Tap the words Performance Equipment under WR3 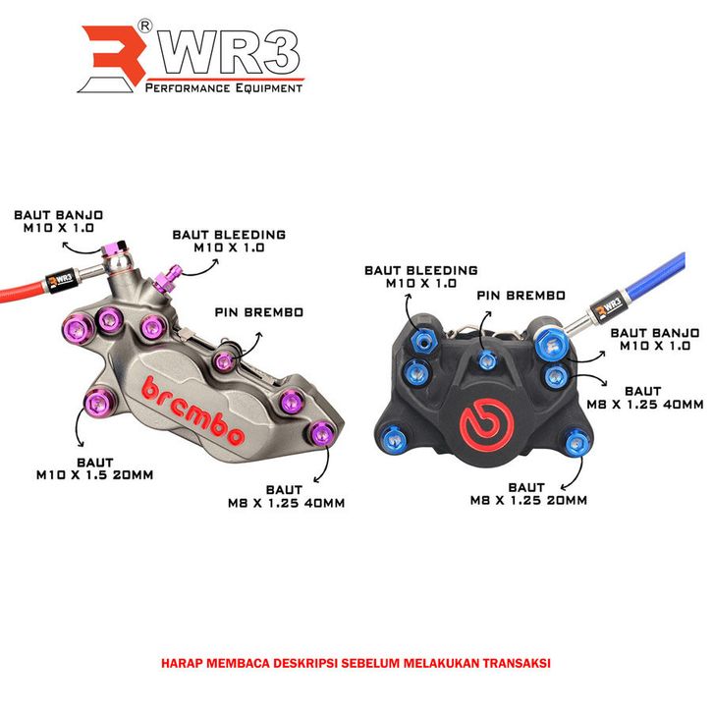(223, 88)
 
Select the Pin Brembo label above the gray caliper (258, 312)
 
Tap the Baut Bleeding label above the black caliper (420, 276)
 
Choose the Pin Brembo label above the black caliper (521, 295)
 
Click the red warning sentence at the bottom (356, 663)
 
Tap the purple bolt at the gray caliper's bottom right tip (320, 431)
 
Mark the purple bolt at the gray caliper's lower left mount (95, 401)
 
